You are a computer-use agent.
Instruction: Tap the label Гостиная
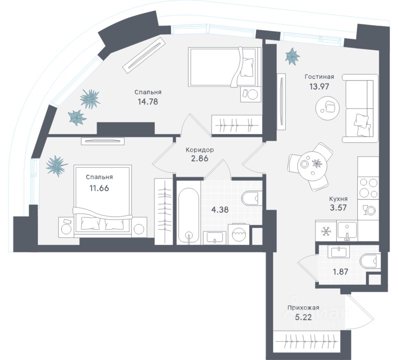(x=319, y=76)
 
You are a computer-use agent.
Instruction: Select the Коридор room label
(x=199, y=150)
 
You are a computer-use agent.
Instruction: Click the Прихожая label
(x=303, y=307)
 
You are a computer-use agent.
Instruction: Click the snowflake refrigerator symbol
(x=325, y=231)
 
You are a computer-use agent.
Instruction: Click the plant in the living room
(x=292, y=56)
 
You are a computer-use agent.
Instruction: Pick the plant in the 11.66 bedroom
(x=56, y=166)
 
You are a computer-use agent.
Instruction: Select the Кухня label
(x=338, y=199)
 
